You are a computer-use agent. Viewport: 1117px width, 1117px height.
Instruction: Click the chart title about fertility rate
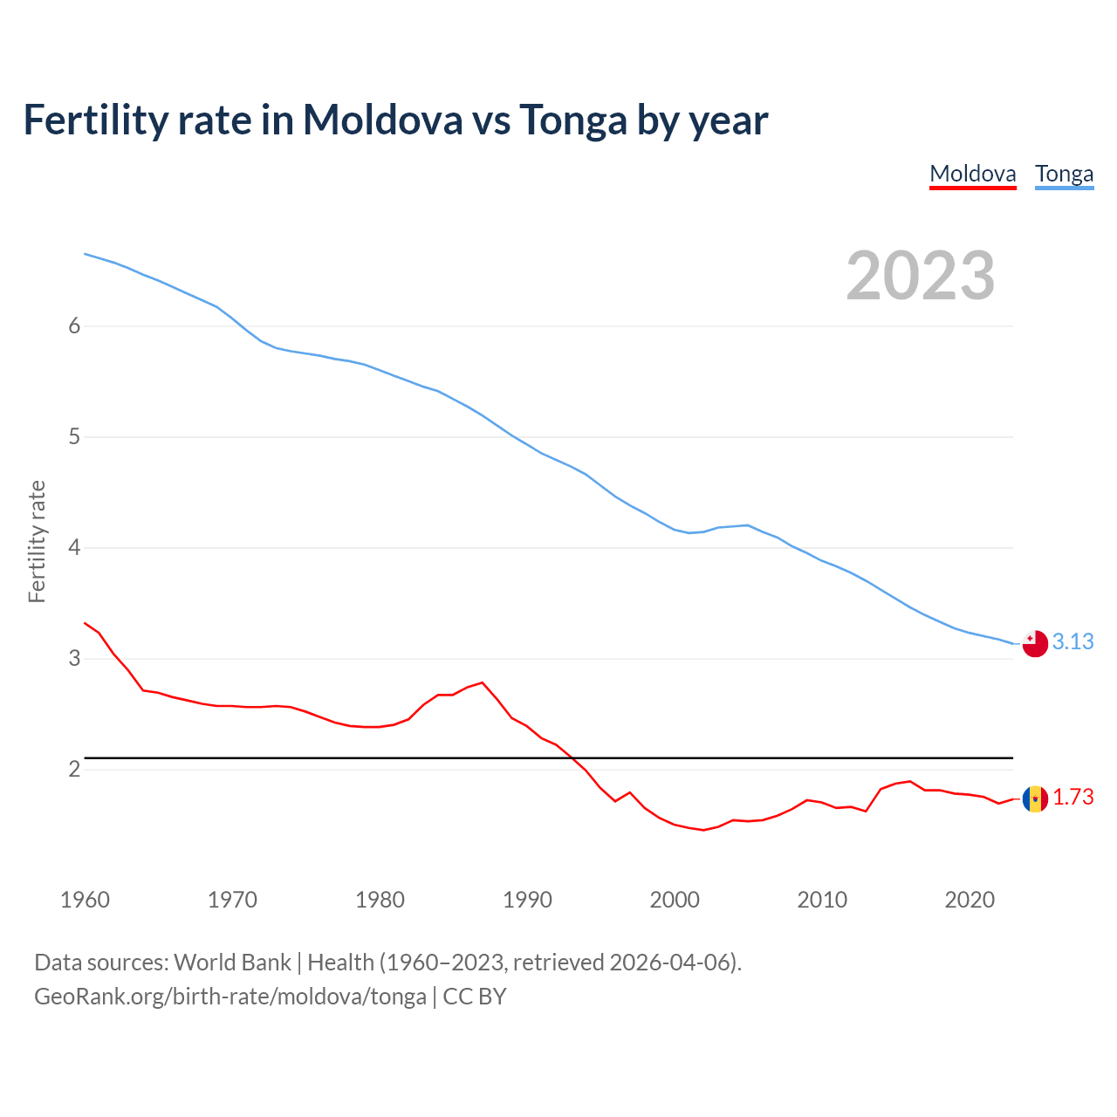395,120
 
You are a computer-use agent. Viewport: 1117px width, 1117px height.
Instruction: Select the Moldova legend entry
972,174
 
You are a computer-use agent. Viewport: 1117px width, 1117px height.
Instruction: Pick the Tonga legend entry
1064,174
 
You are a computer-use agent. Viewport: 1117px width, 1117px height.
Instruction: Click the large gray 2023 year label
920,276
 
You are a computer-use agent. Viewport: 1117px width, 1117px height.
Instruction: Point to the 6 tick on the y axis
74,326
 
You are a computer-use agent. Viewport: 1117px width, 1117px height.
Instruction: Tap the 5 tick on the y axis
74,436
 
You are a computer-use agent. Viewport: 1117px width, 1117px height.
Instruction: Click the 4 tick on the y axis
74,547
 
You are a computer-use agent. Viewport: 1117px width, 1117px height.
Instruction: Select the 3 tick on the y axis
74,658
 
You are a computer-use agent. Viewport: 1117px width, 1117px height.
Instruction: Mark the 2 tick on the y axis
74,769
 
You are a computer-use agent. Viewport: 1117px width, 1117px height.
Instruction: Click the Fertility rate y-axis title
37,541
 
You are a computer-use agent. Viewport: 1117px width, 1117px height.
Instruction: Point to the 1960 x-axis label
85,900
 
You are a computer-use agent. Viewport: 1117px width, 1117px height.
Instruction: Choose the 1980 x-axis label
380,900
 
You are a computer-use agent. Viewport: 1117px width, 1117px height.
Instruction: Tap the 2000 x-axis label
675,900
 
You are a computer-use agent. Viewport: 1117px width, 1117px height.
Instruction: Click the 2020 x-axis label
970,900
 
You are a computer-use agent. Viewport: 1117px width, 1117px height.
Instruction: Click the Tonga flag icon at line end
1035,643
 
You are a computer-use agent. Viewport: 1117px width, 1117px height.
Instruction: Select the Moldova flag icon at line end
1035,798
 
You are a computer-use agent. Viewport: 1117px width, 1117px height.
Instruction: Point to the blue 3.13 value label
1072,642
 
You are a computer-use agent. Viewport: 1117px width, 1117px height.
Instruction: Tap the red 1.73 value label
1072,798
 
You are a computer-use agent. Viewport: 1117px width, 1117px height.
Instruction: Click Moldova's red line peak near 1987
482,682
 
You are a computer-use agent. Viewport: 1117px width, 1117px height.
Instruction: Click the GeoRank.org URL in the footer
230,997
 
